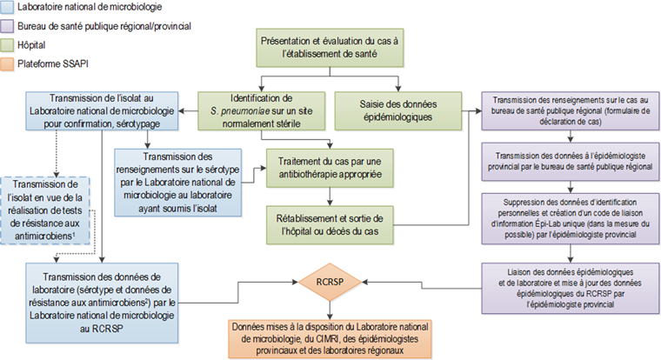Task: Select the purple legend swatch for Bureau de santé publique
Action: click(7, 26)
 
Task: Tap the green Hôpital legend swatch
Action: click(7, 43)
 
